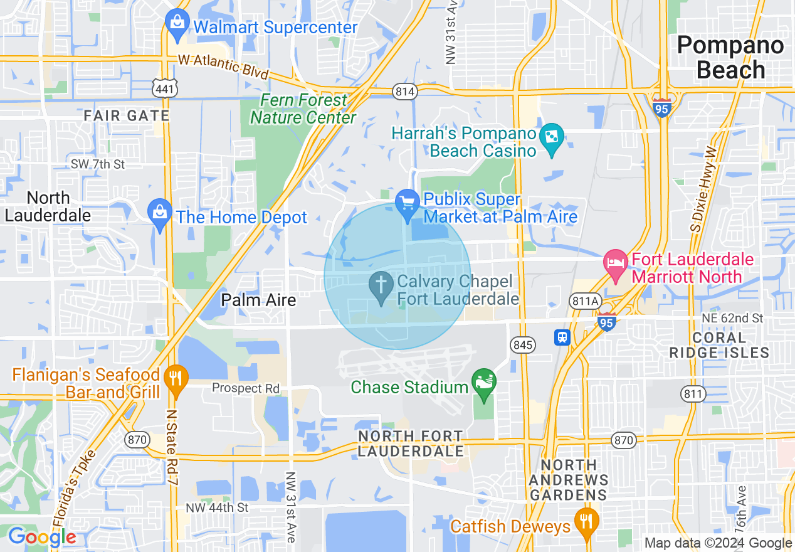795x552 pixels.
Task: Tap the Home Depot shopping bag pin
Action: [160, 214]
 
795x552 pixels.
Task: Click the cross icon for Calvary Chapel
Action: [381, 286]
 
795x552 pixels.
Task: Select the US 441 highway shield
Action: [164, 88]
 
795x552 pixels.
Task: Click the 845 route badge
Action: [522, 344]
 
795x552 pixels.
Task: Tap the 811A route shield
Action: [585, 302]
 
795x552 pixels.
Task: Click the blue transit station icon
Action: [562, 337]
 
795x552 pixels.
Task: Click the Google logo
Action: [42, 537]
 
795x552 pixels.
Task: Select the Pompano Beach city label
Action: [730, 57]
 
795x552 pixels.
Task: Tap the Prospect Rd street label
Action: [246, 388]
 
